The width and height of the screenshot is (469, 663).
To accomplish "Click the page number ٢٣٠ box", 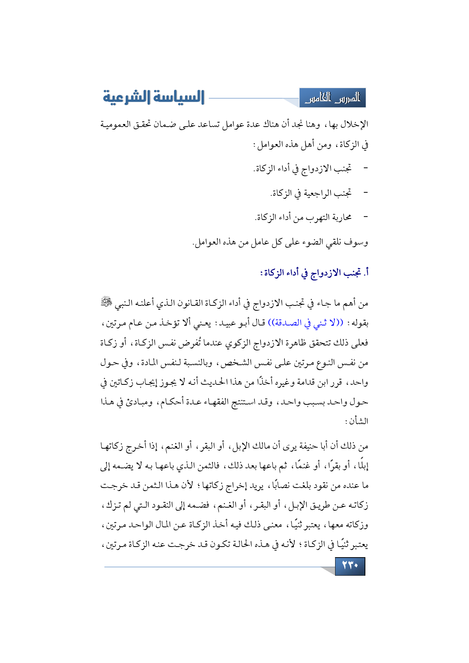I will pos(350,566).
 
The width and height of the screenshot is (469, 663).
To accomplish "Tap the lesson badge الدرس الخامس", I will pos(332,98).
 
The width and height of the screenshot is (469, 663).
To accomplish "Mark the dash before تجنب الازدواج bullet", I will pos(365,168).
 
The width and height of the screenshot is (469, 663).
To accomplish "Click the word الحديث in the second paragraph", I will pos(198,382).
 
